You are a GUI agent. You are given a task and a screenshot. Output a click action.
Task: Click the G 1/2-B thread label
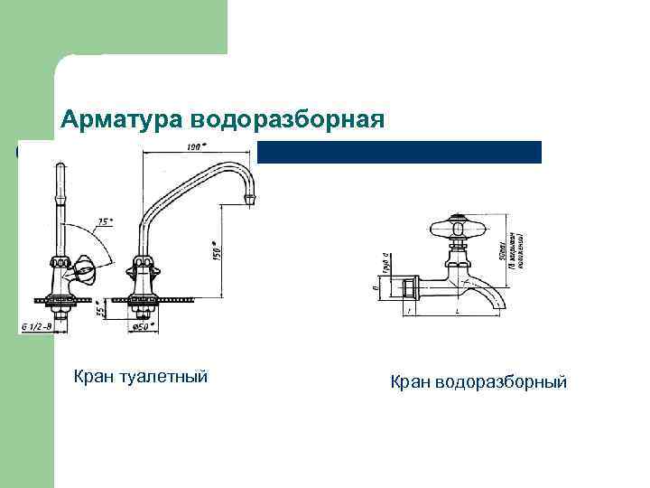pyautogui.click(x=36, y=326)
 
